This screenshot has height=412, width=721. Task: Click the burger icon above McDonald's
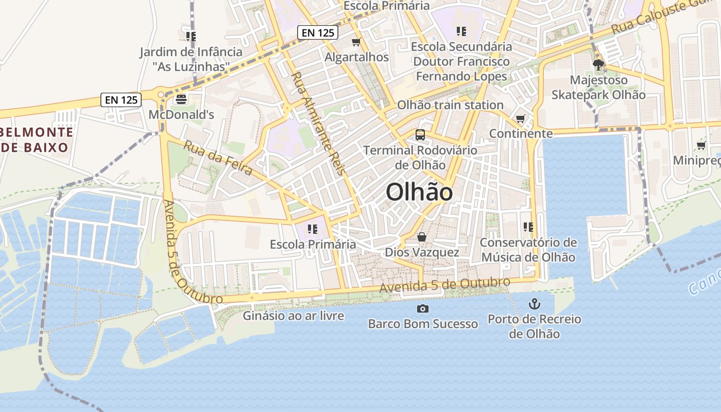[181, 98]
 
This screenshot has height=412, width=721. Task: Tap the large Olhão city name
[419, 193]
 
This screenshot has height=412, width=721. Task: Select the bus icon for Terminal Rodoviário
[420, 135]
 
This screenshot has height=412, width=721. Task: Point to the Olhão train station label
[450, 105]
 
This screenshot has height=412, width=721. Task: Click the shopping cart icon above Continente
[521, 119]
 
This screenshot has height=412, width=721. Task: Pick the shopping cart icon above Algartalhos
[356, 42]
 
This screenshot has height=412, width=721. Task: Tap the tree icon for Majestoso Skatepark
[598, 65]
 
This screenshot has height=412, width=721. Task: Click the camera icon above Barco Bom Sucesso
[423, 308]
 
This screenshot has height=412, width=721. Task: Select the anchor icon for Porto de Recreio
[535, 304]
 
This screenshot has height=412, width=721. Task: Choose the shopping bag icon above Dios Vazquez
[422, 237]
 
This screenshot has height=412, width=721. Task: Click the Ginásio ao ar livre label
[294, 316]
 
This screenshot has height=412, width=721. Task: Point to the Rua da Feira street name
[218, 158]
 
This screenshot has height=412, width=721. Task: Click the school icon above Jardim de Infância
[191, 37]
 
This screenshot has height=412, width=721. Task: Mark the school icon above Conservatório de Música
[528, 227]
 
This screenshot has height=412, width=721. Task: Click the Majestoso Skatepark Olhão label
[598, 88]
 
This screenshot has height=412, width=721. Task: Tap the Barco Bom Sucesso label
[423, 324]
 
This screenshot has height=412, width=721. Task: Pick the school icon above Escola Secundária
[461, 31]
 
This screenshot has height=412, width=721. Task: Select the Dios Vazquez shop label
[422, 252]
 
